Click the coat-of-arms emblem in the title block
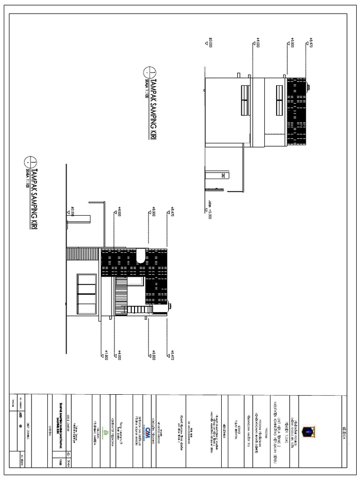click(x=309, y=432)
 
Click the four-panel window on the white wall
click(x=87, y=294)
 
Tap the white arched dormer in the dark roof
click(x=141, y=255)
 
